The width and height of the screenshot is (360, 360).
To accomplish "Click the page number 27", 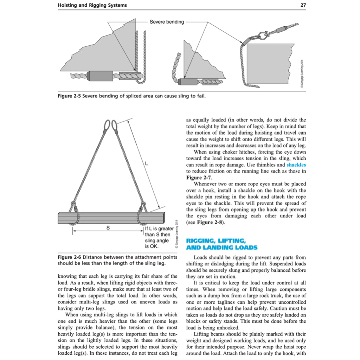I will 303,5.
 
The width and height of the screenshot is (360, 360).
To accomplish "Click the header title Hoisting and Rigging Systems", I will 92,5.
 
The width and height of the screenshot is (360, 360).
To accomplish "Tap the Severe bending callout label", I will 167,22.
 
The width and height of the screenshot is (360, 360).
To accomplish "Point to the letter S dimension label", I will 108,228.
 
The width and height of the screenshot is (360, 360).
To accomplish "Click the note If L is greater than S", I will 159,237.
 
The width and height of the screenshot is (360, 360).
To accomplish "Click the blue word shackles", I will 296,165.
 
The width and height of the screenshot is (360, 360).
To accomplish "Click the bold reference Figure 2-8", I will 210,222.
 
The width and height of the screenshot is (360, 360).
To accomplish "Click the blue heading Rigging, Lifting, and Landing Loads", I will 221,244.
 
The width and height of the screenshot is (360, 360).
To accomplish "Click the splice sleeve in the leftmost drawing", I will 101,76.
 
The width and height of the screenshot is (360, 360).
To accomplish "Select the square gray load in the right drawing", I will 269,65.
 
